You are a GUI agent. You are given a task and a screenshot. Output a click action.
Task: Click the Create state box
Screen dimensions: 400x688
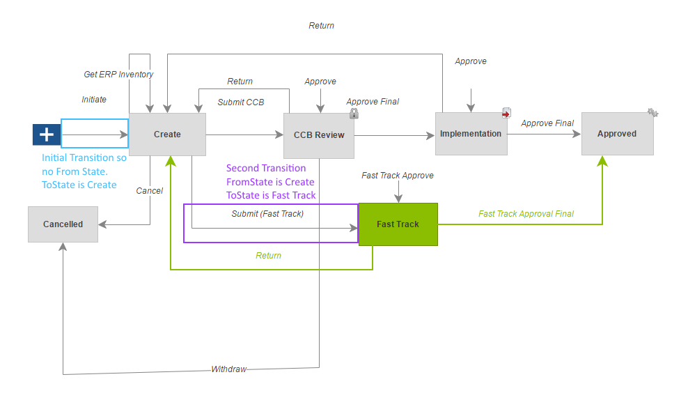click(167, 134)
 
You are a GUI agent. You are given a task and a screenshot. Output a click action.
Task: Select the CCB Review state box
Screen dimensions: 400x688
click(319, 135)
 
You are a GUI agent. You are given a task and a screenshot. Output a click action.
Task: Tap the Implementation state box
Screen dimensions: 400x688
click(471, 133)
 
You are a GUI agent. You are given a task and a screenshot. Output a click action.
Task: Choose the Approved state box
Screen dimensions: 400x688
click(617, 133)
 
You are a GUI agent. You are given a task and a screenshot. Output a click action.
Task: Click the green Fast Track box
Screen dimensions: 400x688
click(398, 224)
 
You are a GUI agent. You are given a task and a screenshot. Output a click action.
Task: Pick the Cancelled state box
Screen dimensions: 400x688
click(63, 224)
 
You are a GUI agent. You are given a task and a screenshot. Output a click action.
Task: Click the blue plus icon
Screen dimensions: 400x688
click(46, 134)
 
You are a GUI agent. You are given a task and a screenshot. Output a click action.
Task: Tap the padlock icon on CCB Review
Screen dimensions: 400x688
click(354, 114)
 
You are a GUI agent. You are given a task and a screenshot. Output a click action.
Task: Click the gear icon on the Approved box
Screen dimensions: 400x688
click(652, 112)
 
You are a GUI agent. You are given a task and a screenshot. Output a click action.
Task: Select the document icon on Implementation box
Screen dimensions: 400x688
click(507, 113)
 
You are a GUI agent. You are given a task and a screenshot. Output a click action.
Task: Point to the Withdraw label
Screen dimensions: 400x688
click(229, 369)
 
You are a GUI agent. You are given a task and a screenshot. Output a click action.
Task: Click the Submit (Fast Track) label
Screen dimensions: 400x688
click(267, 214)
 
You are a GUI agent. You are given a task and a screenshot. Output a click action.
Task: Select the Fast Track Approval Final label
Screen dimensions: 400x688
click(526, 214)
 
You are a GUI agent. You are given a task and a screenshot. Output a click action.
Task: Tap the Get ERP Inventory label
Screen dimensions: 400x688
click(118, 75)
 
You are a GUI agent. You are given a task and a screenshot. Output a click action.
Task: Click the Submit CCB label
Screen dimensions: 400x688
click(241, 102)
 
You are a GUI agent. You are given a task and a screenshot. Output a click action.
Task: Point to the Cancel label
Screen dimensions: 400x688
click(150, 191)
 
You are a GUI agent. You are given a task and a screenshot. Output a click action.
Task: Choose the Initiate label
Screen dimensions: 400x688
click(94, 100)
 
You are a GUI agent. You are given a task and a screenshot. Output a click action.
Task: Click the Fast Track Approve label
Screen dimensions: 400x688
click(398, 176)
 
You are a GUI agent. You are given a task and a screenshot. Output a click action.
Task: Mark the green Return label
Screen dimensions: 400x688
click(269, 256)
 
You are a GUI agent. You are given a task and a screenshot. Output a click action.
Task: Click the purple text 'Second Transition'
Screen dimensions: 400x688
click(266, 168)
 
